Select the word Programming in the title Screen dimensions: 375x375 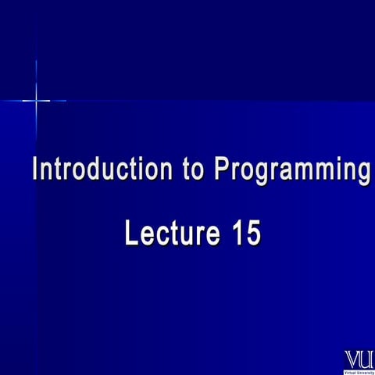[x=292, y=171]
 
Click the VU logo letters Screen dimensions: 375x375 [x=359, y=359]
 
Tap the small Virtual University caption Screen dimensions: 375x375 [x=359, y=370]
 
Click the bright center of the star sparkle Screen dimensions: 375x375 [x=36, y=100]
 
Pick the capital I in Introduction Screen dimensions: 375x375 [x=34, y=170]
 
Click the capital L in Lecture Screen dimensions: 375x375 [x=131, y=234]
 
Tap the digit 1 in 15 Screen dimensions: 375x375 [x=237, y=234]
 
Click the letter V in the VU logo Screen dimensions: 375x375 [x=352, y=359]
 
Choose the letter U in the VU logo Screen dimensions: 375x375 [x=366, y=359]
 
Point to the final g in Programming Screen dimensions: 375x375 [x=363, y=173]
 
